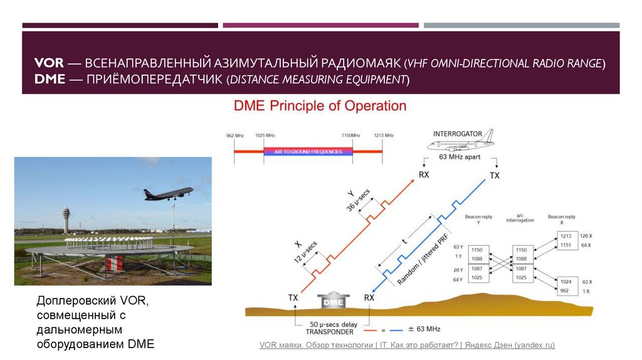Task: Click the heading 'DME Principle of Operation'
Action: [320, 106]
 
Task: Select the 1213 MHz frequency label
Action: [383, 135]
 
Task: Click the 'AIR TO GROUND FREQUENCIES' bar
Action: [307, 152]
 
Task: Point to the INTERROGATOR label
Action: [458, 134]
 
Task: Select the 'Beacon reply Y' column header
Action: [478, 220]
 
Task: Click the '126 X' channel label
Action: [586, 235]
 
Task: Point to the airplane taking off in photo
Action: [168, 193]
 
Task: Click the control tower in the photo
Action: [66, 220]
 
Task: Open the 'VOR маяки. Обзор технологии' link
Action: [407, 346]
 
